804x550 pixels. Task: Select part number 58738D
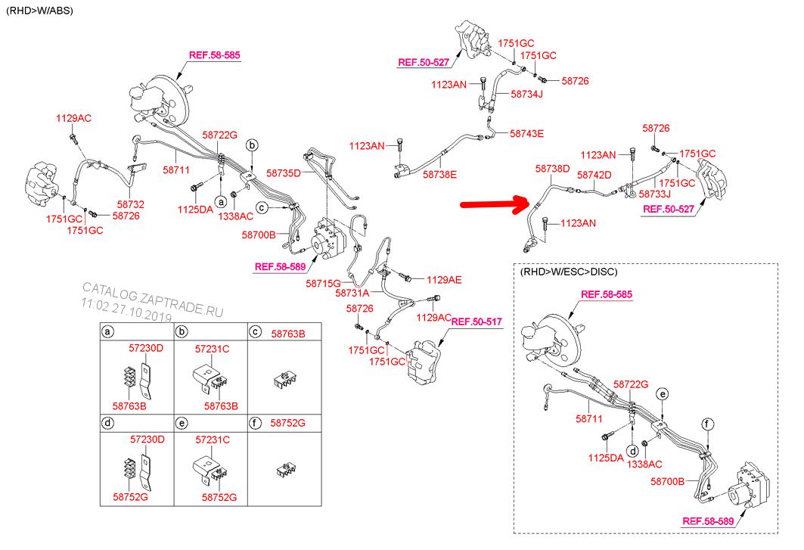[x=552, y=169]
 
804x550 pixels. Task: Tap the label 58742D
[x=594, y=175]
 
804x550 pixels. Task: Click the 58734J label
[x=528, y=95]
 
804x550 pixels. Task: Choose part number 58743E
[x=526, y=133]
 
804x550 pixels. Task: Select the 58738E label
[x=439, y=174]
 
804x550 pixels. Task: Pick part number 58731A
[x=352, y=293]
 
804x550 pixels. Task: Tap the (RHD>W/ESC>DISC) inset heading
[x=568, y=271]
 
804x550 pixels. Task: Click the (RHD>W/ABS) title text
[x=39, y=9]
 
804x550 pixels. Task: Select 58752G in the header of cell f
[x=288, y=423]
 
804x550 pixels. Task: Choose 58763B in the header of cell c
[x=288, y=332]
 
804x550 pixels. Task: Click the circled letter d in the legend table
[x=108, y=423]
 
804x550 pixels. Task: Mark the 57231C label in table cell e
[x=212, y=439]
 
